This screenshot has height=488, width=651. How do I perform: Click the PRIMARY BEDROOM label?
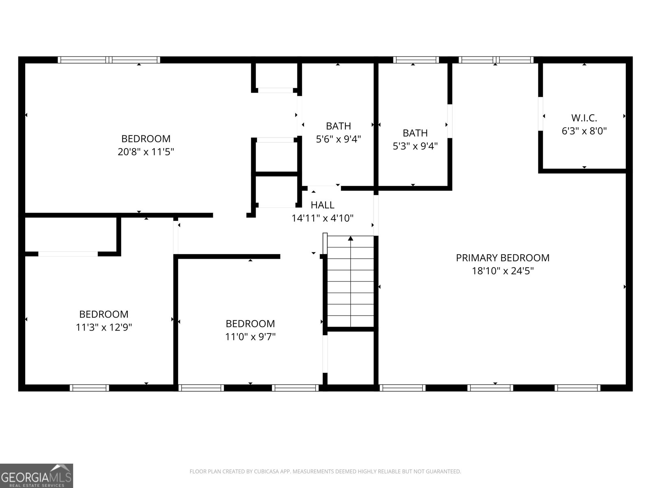[x=502, y=258]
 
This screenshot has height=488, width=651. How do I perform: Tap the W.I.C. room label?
[x=584, y=118]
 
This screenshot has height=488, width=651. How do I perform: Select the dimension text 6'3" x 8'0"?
[x=584, y=131]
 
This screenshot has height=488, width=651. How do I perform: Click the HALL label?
[x=322, y=205]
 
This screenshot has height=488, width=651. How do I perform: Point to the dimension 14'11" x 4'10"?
[x=322, y=218]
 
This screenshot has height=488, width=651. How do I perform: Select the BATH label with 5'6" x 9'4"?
[x=338, y=126]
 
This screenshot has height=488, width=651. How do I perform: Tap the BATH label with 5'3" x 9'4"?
[x=415, y=133]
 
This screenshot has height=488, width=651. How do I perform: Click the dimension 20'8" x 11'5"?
[x=146, y=152]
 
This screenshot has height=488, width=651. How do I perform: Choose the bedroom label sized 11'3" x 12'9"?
[x=104, y=314]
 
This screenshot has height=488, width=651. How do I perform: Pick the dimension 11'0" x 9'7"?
[x=250, y=337]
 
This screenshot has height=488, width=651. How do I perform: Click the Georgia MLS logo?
[x=36, y=475]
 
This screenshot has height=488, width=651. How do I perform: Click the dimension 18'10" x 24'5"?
[x=502, y=271]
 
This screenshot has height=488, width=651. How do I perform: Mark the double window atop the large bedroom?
[x=109, y=60]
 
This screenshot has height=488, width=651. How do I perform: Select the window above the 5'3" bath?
[x=416, y=60]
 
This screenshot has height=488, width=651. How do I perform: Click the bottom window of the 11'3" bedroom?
[x=90, y=388]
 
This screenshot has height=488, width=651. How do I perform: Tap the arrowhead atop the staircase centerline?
[x=351, y=238]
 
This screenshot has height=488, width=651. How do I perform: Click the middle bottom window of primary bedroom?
[x=490, y=388]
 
